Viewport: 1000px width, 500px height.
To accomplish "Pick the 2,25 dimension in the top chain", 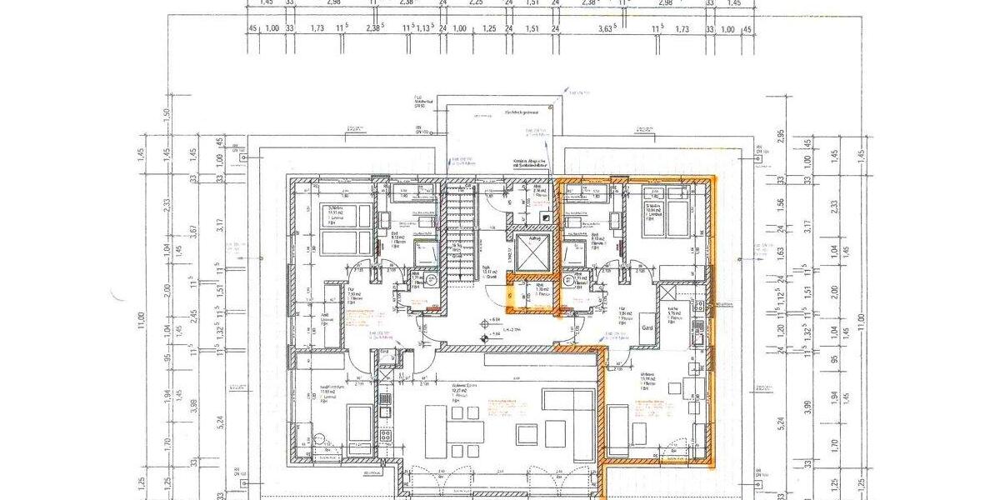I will (x=476, y=2).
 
